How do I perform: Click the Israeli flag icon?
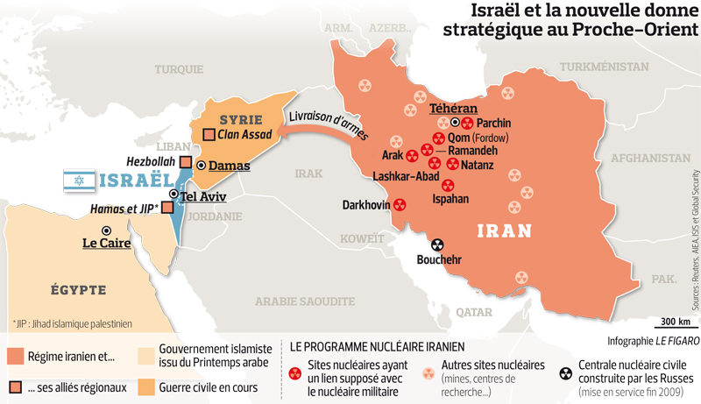coord(78,181)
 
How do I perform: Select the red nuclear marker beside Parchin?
coord(467,124)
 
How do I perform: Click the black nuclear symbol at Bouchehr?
coord(437,245)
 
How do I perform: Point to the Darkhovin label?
coord(367,205)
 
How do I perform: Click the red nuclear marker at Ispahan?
coord(448,185)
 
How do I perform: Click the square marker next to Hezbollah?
coord(186,162)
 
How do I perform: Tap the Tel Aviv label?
coord(203,195)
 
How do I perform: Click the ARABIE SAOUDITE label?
coord(301,301)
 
